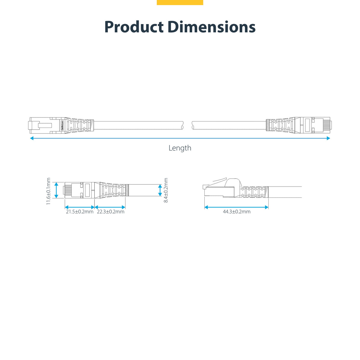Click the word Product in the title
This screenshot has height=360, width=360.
[x=134, y=27]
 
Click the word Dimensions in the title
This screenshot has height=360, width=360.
[x=211, y=27]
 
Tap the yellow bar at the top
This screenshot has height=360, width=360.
[x=180, y=2]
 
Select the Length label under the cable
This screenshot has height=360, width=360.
[x=180, y=148]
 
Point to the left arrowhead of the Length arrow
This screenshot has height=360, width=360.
[x=32, y=138]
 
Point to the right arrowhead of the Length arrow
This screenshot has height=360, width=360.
[x=328, y=138]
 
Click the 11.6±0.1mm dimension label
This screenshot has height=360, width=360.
[x=49, y=191]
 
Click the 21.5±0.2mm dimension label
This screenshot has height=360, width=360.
[x=79, y=212]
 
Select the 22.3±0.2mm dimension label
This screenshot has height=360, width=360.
[x=111, y=212]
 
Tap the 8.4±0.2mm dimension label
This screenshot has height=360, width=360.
[x=166, y=190]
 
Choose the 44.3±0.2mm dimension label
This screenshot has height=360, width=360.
[x=237, y=212]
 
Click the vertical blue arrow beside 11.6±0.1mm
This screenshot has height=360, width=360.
[x=56, y=190]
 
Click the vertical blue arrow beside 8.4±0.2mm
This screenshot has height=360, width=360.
[x=160, y=190]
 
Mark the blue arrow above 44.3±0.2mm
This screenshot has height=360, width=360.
[x=236, y=207]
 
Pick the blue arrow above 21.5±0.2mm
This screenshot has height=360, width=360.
[x=79, y=207]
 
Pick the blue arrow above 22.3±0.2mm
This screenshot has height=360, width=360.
[x=110, y=207]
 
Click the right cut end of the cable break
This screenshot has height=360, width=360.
[x=193, y=125]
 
